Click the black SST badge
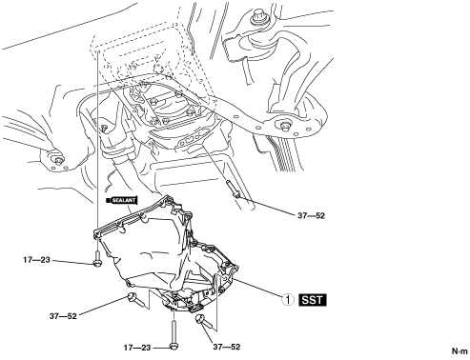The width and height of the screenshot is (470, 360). point(313,300)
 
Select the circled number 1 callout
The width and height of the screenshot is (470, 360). point(288,300)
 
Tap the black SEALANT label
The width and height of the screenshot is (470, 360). point(122,200)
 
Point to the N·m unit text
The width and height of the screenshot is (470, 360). point(460,351)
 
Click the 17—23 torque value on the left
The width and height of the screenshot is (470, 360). point(36,260)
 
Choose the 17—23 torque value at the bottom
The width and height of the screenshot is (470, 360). point(137,348)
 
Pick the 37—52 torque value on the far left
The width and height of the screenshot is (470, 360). point(63,316)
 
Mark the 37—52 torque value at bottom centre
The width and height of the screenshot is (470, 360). point(227,347)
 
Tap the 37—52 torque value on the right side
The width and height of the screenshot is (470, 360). point(312,216)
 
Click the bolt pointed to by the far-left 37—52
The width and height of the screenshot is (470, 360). point(137,300)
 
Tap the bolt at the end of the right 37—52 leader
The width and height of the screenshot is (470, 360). point(233,189)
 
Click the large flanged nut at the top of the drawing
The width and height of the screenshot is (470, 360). point(257,19)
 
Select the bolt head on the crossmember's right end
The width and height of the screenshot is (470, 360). point(285,125)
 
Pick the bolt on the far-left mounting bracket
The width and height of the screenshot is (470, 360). point(58,161)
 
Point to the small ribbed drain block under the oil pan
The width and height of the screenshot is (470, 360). point(196,308)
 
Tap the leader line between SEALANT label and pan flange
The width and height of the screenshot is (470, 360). point(129,210)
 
